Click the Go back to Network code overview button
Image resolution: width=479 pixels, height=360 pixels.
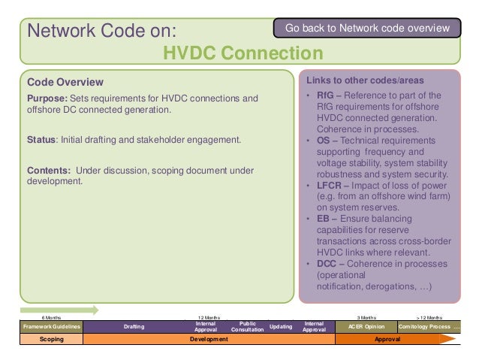(x=366, y=29)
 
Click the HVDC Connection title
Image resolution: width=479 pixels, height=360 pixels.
(x=243, y=53)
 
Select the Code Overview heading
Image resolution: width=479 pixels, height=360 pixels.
(x=65, y=82)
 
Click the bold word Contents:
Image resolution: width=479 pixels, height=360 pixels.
(x=49, y=170)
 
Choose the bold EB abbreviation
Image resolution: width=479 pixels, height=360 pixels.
(x=324, y=219)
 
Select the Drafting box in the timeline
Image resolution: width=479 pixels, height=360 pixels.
(x=134, y=327)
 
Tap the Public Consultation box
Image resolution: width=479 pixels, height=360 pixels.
(x=247, y=327)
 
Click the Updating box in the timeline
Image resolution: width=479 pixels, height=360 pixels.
(x=281, y=327)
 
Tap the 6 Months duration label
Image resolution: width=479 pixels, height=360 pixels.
(x=51, y=318)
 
